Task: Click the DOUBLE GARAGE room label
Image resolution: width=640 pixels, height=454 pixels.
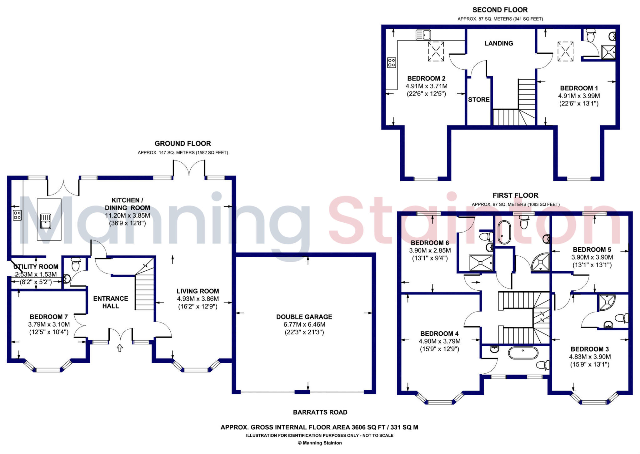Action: [x=304, y=317]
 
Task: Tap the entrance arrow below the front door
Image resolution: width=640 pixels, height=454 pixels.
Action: [x=120, y=348]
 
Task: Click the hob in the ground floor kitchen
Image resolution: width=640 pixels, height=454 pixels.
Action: [x=17, y=215]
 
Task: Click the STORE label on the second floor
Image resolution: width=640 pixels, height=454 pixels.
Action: [x=478, y=100]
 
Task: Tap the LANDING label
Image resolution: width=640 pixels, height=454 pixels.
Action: [x=498, y=43]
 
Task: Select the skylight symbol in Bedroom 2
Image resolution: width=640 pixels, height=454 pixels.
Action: [x=436, y=52]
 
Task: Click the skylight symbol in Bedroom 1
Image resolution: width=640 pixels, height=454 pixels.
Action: [x=565, y=52]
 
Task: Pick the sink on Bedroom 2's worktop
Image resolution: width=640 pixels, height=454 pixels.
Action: [x=423, y=35]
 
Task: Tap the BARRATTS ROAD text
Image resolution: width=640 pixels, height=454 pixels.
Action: [x=320, y=412]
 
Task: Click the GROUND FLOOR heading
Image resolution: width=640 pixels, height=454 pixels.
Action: [x=183, y=143]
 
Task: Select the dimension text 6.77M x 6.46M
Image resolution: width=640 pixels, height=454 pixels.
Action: [x=304, y=324]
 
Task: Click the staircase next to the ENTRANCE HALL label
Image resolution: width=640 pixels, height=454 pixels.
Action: [x=144, y=292]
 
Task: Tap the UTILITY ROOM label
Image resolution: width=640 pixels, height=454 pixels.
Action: [x=36, y=267]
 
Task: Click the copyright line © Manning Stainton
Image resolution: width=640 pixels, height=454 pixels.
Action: [x=320, y=443]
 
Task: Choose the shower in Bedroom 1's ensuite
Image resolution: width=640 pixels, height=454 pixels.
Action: [x=608, y=52]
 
